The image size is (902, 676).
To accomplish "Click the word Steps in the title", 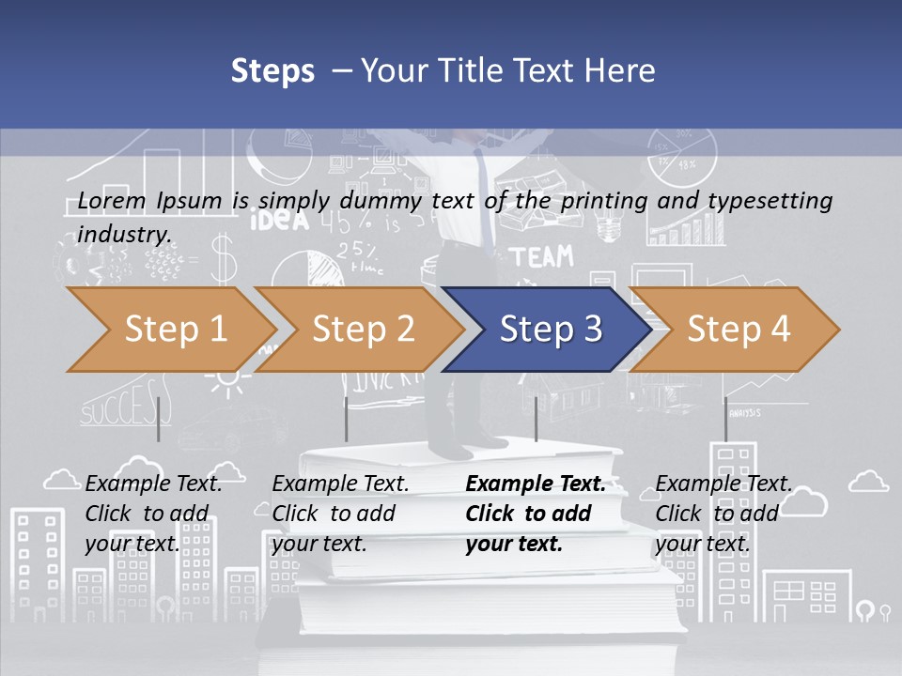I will (272, 70).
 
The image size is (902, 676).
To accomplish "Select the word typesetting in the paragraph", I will (778, 200).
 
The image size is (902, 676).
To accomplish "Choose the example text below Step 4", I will (723, 513).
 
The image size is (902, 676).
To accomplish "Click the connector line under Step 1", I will (159, 419).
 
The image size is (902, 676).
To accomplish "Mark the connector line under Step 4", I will (725, 419).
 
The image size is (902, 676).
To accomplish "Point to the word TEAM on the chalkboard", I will (541, 256).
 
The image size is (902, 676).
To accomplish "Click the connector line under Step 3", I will (536, 419).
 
